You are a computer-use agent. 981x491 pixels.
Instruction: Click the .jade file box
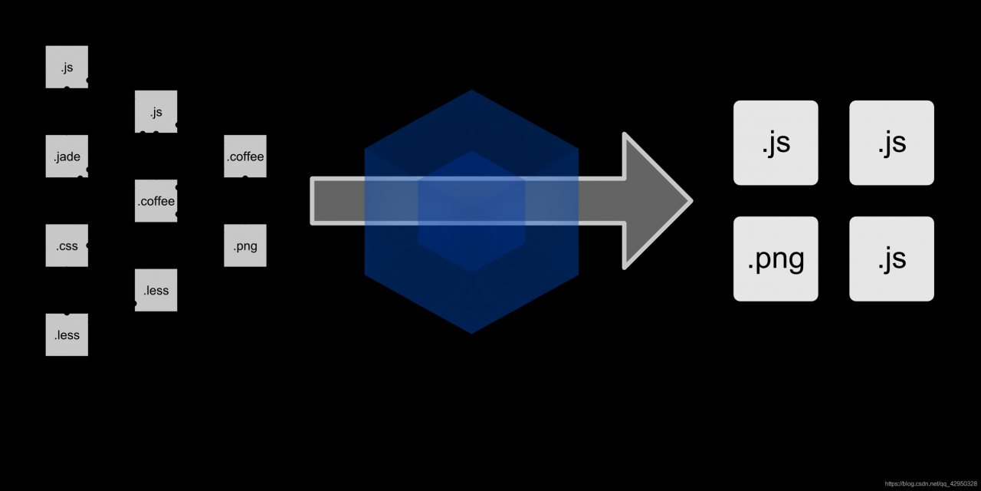tap(67, 156)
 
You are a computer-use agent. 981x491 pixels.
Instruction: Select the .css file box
tap(67, 245)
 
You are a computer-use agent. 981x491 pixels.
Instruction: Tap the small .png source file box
tap(245, 245)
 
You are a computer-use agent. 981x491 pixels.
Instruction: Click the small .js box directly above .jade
tap(67, 67)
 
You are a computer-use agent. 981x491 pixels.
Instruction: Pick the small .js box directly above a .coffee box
tap(156, 111)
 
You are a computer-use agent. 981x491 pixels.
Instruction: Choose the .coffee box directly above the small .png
tap(245, 156)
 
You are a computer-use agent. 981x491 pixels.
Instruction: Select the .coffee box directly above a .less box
tap(156, 201)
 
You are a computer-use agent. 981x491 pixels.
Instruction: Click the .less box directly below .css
tap(67, 334)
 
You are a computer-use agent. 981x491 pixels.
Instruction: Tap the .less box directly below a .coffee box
tap(156, 290)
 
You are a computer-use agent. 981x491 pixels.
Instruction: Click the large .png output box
tap(776, 259)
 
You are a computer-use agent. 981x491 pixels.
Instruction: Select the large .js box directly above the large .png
tap(776, 143)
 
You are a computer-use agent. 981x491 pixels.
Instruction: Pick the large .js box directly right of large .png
tap(891, 259)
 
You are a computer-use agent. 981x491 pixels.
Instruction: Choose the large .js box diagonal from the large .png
tap(891, 143)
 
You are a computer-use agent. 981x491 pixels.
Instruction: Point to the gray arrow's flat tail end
tap(313, 201)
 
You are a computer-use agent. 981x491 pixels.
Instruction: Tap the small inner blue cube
tap(471, 211)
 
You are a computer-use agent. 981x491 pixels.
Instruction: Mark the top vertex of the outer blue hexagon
tap(471, 91)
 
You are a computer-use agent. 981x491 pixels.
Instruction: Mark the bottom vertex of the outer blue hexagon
tap(471, 333)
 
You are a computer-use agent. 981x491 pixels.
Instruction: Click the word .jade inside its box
tap(67, 157)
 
